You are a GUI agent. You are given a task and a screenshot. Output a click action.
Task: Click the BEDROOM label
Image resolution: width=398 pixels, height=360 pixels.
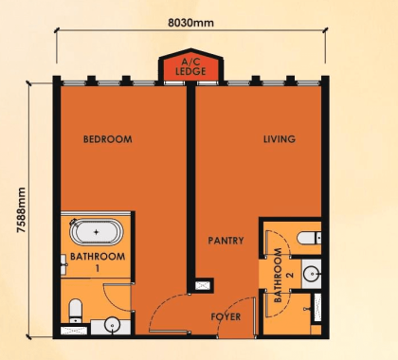coord(107,139)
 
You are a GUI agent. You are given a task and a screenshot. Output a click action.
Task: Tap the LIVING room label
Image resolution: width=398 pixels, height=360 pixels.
coord(279,139)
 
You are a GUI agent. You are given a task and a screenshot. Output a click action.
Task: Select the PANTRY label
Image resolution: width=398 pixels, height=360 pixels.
coord(226,241)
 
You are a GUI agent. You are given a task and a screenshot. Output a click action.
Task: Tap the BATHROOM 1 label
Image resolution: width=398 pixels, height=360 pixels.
coord(98,261)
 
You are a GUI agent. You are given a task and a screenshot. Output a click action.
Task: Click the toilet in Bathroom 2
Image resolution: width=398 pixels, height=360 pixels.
coord(306,237)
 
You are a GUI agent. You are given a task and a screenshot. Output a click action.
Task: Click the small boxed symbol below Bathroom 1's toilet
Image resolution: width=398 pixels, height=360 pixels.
coord(69,330)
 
